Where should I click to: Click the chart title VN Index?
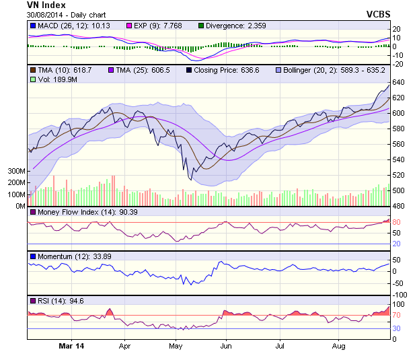click(46, 5)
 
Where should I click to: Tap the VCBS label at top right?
click(379, 13)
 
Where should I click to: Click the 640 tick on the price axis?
click(398, 82)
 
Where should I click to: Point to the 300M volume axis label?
click(13, 171)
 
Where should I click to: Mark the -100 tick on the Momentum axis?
click(401, 295)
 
